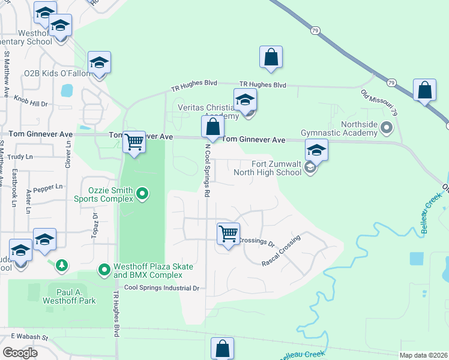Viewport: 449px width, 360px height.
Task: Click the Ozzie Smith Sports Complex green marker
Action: [x=142, y=193]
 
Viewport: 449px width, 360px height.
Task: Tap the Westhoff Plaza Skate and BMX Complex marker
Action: [x=104, y=270]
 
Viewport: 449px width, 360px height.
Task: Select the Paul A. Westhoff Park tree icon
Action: [x=61, y=265]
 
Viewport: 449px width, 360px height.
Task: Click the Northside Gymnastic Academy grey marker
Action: [x=386, y=127]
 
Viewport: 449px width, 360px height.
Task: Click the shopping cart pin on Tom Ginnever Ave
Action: [x=134, y=142]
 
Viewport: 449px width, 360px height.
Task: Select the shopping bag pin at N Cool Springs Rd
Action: [x=212, y=127]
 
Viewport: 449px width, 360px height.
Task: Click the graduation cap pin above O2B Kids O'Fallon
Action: [x=100, y=62]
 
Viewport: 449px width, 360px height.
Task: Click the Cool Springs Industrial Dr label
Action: [x=161, y=288]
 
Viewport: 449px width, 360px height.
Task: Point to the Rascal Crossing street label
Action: [x=280, y=251]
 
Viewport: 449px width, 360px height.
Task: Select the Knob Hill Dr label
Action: [x=31, y=100]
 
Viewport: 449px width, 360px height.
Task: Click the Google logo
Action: [x=20, y=352]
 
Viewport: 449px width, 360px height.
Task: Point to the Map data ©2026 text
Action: [x=423, y=355]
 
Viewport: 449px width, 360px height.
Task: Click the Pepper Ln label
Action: [x=48, y=187]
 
